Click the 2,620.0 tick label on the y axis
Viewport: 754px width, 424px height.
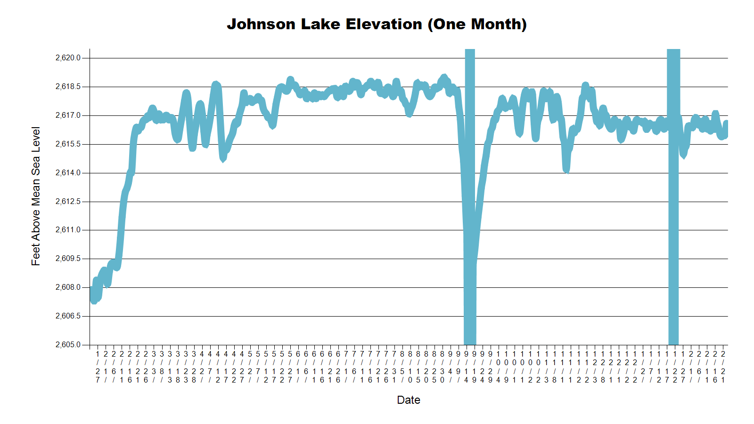pyautogui.click(x=68, y=58)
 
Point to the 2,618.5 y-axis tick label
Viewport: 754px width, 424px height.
pyautogui.click(x=68, y=87)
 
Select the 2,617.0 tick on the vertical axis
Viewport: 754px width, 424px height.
pyautogui.click(x=68, y=115)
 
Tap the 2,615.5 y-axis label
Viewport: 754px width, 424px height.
pyautogui.click(x=68, y=144)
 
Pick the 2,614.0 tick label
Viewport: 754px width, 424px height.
pyautogui.click(x=68, y=173)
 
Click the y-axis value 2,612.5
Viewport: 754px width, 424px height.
pyautogui.click(x=68, y=202)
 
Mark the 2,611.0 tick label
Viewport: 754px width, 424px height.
pyautogui.click(x=68, y=230)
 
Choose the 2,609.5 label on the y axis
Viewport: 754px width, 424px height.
pyautogui.click(x=68, y=259)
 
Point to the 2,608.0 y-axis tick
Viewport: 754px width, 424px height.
pyautogui.click(x=68, y=287)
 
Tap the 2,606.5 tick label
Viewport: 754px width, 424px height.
pyautogui.click(x=68, y=316)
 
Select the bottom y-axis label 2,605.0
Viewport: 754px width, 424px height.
pyautogui.click(x=68, y=345)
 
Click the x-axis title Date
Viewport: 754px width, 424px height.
pyautogui.click(x=409, y=400)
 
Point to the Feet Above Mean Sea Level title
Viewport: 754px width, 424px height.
pyautogui.click(x=36, y=196)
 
